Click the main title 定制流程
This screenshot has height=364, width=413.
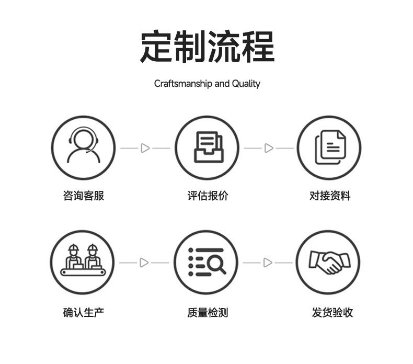pyautogui.click(x=206, y=47)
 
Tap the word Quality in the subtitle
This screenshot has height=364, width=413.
pyautogui.click(x=246, y=84)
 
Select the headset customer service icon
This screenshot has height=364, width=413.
pyautogui.click(x=83, y=148)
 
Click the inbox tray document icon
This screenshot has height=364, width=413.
pyautogui.click(x=207, y=148)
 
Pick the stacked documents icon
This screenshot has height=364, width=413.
pyautogui.click(x=330, y=148)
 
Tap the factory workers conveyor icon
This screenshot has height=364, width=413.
pyautogui.click(x=83, y=262)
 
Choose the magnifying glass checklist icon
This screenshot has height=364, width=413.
pyautogui.click(x=206, y=262)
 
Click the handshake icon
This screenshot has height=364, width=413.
pyautogui.click(x=329, y=262)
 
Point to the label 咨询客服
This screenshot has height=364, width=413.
pyautogui.click(x=83, y=196)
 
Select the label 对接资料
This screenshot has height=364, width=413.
pyautogui.click(x=330, y=196)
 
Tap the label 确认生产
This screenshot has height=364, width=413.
pyautogui.click(x=83, y=313)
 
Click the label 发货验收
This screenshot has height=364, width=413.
pyautogui.click(x=332, y=313)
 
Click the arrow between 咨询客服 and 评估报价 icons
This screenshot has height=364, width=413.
pyautogui.click(x=145, y=148)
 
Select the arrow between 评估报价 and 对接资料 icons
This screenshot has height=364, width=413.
pyautogui.click(x=269, y=148)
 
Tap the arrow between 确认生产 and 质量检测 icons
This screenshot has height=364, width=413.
pyautogui.click(x=144, y=263)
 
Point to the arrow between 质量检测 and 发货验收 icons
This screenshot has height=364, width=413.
pyautogui.click(x=268, y=263)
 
